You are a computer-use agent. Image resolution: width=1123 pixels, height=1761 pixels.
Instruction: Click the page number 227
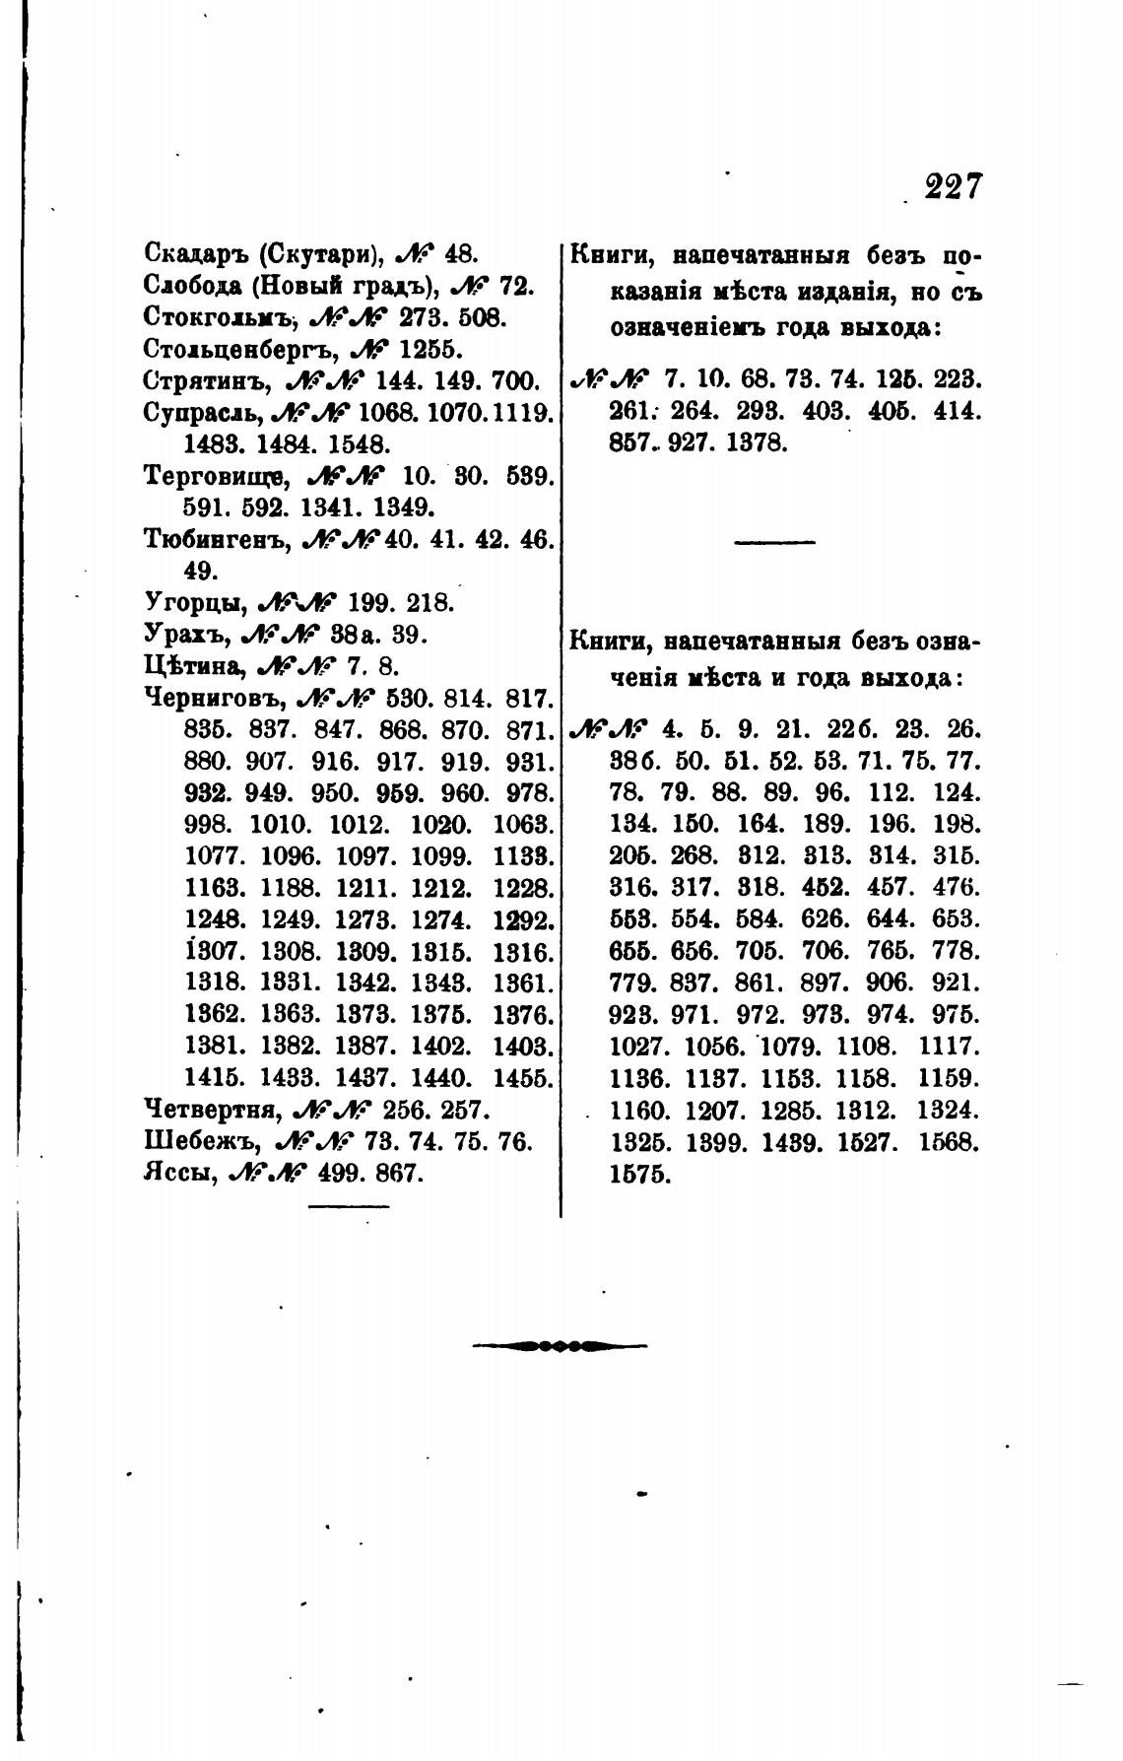pyautogui.click(x=953, y=186)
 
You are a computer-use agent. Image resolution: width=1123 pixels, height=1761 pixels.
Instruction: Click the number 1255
pyautogui.click(x=422, y=349)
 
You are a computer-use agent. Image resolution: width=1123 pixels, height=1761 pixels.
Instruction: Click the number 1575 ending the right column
pyautogui.click(x=640, y=1175)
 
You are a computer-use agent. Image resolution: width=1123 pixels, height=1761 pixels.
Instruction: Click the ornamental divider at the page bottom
pyautogui.click(x=561, y=1344)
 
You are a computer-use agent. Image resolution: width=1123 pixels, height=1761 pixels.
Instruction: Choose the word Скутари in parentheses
pyautogui.click(x=317, y=254)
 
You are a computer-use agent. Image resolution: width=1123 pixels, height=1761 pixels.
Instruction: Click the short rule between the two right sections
pyautogui.click(x=775, y=542)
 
